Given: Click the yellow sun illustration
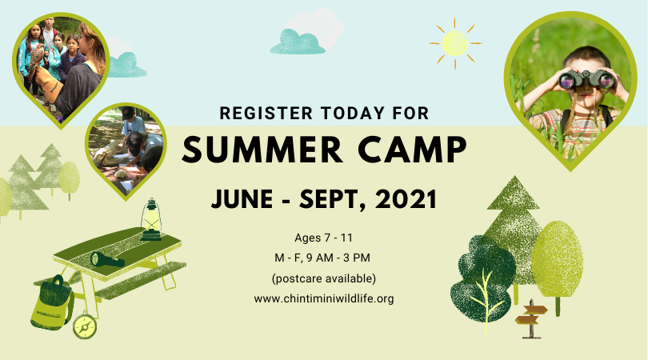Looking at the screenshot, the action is point(455,43).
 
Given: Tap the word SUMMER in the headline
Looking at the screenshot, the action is point(262,150).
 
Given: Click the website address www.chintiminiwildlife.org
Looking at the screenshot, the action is point(324,298).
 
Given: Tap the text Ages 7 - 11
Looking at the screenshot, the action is point(323,238).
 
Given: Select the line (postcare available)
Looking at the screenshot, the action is point(324,278).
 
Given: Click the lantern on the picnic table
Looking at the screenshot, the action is point(151,219).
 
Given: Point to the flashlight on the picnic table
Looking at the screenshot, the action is point(107,259).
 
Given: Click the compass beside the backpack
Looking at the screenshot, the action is point(85,326).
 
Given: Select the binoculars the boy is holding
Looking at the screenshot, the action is point(586,79).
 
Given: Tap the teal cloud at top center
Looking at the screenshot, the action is point(297,42).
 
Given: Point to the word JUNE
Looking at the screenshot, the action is point(242,199).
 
